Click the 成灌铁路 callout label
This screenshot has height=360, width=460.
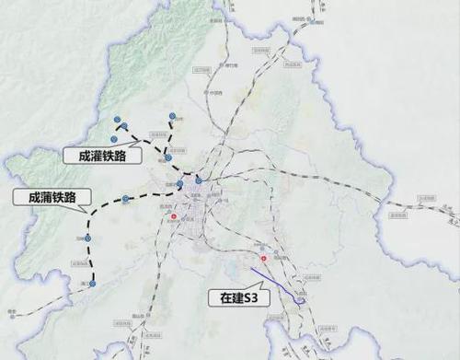pos(103,157)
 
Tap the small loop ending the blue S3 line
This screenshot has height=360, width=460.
pos(300,297)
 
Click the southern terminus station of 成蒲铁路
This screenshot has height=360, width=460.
pos(92,285)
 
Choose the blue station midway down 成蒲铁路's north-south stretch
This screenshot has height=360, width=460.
pos(88,238)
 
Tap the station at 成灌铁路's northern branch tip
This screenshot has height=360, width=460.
pos(172,114)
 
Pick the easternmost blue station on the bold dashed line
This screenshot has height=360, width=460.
pos(199,179)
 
